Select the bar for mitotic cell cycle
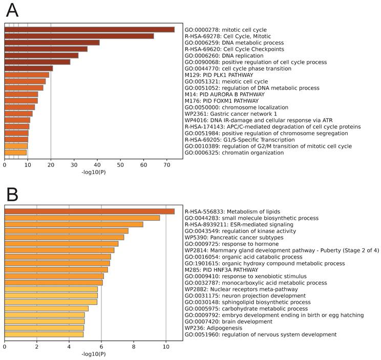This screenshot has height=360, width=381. coord(89,30)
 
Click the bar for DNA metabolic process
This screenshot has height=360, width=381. coord(52,43)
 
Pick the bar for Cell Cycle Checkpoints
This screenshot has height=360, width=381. coord(46,49)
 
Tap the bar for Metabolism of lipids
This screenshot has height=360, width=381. coord(89,211)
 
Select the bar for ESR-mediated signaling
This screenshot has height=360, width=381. coord(74,224)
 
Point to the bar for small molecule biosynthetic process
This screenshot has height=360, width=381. coord(82,218)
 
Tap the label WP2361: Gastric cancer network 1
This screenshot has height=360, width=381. coord(231,113)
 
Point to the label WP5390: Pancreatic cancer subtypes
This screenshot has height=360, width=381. coord(234,238)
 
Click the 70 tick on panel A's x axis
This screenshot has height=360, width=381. coord(166,165)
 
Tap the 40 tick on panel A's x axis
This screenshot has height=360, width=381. coord(97,165)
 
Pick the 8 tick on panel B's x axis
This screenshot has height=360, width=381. coord(134,347)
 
